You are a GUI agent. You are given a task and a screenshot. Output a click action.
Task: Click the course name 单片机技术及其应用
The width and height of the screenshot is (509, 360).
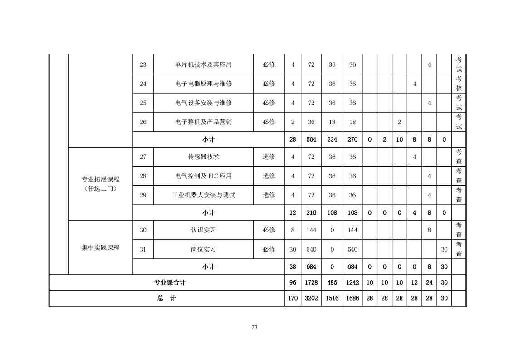[x=204, y=64]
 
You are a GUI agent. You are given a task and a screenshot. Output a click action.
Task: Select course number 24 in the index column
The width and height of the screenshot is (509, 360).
[x=143, y=84]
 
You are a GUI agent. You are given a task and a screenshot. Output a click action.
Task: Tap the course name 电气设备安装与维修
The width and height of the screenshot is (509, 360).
[x=204, y=103]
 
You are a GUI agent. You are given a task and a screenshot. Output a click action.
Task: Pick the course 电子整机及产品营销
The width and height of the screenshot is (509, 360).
[x=204, y=122]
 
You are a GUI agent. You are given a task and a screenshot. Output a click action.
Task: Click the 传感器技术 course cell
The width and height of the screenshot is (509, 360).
[x=204, y=157]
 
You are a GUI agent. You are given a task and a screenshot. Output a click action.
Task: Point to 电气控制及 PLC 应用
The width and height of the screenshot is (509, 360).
[x=204, y=176]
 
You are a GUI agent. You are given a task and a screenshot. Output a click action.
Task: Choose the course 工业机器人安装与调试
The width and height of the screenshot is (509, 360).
[x=204, y=195]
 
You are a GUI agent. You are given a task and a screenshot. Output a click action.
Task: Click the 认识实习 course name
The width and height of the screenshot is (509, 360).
[x=204, y=230]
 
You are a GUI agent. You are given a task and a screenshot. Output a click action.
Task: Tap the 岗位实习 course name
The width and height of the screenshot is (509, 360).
[x=204, y=249]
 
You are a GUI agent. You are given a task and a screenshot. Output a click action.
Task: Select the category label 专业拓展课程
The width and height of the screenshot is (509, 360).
[x=101, y=179]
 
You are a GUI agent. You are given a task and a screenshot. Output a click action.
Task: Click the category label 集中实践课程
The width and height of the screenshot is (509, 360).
[x=101, y=247]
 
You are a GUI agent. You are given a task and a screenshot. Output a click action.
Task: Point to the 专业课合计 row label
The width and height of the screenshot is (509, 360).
[x=170, y=283]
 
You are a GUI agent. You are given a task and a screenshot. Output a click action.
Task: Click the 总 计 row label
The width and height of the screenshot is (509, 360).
[x=166, y=298]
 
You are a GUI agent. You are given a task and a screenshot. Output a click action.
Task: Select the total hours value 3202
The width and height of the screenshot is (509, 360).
[x=311, y=298]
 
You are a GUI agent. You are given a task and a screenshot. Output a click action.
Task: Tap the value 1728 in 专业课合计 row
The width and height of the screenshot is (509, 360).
[x=311, y=283]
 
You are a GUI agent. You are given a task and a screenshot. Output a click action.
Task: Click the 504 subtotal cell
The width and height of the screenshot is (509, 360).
[x=311, y=140]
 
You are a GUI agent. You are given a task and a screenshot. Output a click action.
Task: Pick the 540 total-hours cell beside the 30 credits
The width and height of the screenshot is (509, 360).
[x=311, y=250]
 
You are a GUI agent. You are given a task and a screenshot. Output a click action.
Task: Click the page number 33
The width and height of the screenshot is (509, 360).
[x=254, y=327]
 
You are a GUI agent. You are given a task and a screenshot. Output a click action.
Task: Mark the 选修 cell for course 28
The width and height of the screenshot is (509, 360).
[x=269, y=176]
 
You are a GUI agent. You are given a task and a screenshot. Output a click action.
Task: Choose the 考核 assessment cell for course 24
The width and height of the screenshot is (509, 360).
[x=459, y=84]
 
